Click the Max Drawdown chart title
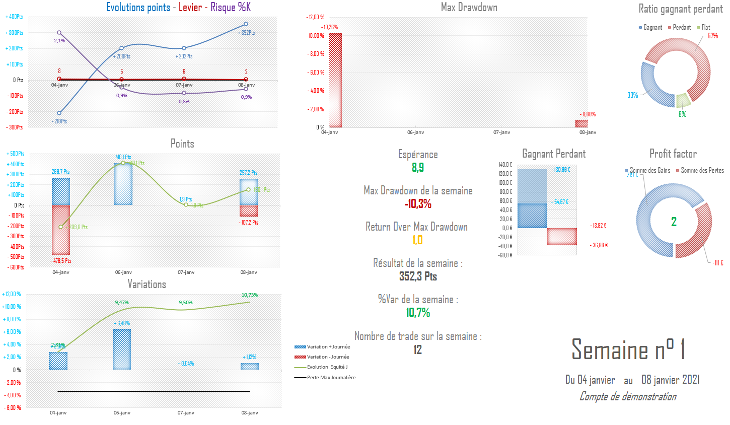pos(469,8)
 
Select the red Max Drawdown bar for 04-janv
pos(335,81)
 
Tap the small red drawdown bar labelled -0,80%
pos(581,124)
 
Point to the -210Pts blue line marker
pos(59,113)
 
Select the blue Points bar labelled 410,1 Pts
pos(123,184)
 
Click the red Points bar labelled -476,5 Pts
pos(61,230)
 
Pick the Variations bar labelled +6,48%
pos(122,349)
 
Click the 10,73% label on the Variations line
pos(250,295)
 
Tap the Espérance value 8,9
pos(418,168)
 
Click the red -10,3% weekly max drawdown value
pos(418,204)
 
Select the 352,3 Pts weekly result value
pos(418,276)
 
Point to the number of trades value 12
pos(418,350)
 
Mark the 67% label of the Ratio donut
pos(712,36)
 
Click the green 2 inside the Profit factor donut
pos(674,222)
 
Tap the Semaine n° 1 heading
pos(628,349)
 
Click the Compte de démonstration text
pos(628,397)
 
